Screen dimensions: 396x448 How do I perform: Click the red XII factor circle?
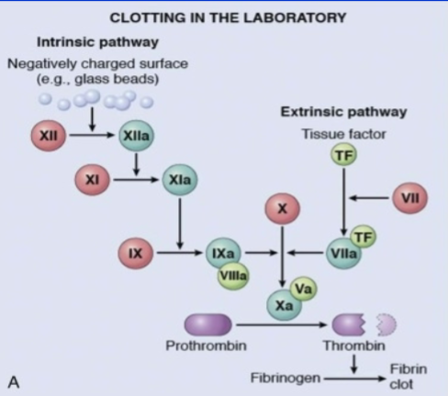tap(51, 137)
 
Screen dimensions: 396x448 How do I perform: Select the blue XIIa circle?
tap(134, 137)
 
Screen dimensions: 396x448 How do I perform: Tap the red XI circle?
tap(92, 181)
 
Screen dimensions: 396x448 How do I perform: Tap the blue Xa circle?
tap(284, 304)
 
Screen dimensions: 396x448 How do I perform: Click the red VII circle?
tap(409, 198)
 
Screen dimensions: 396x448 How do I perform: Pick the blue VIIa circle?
tap(343, 251)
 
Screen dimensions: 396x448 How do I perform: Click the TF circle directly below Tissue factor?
tap(343, 156)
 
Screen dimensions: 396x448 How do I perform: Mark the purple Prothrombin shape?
tap(208, 324)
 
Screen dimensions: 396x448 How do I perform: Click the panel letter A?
tap(15, 378)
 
